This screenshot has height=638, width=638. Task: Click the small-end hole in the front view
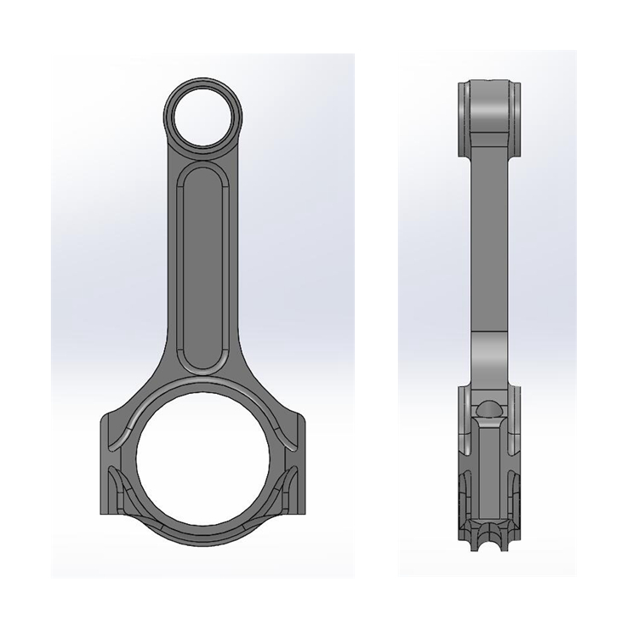[203, 116]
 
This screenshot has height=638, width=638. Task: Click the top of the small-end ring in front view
[203, 82]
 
